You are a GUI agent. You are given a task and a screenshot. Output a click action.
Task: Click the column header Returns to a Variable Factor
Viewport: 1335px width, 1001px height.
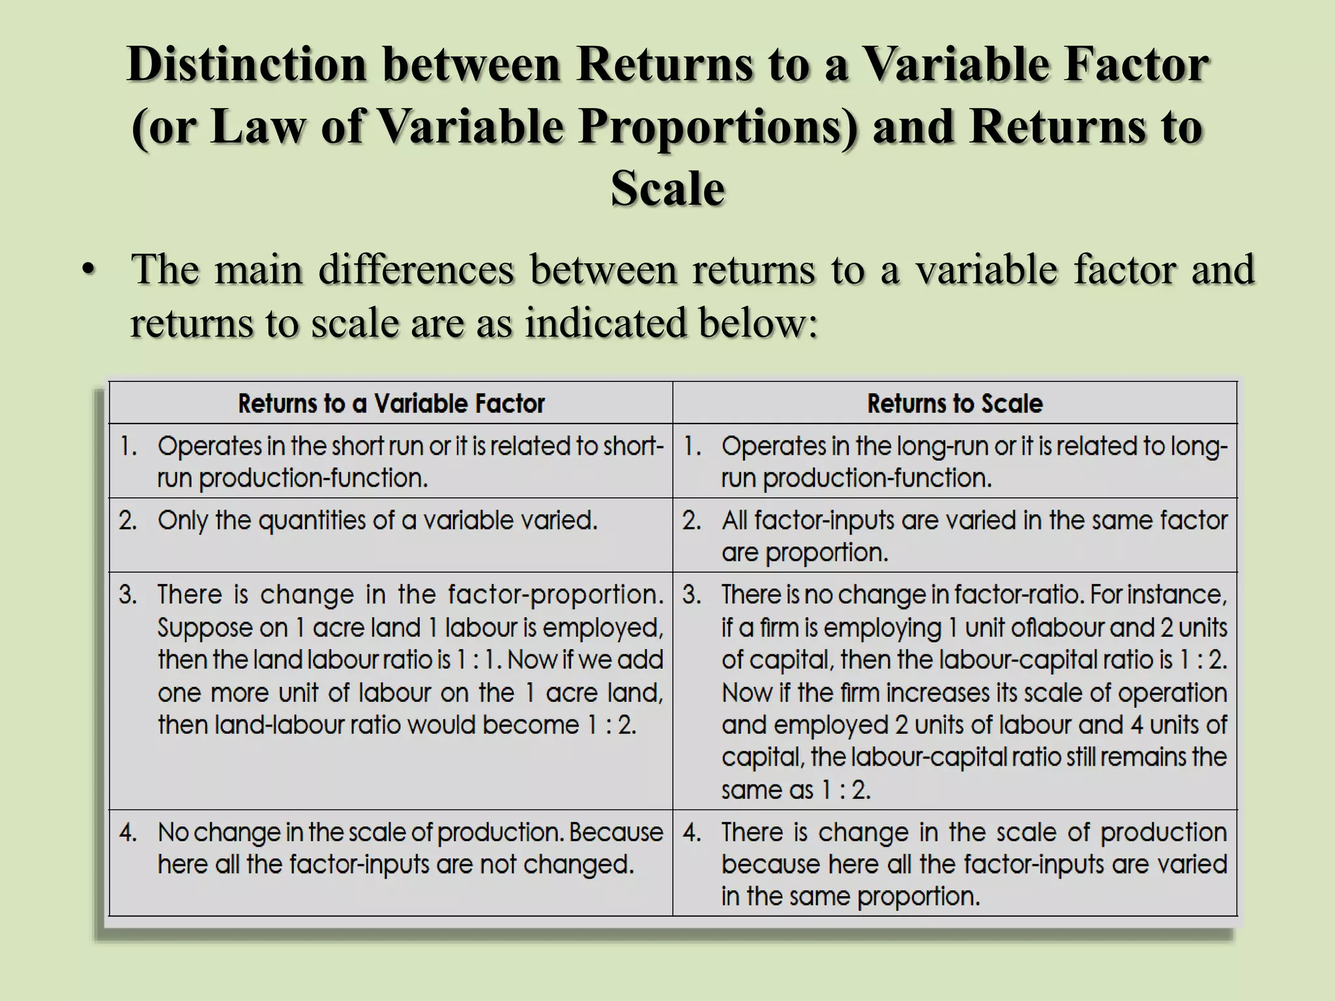click(x=391, y=404)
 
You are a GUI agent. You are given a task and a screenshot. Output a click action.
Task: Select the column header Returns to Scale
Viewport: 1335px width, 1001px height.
click(x=954, y=404)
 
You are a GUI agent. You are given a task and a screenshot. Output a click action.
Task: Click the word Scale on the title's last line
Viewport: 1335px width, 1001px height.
click(x=667, y=189)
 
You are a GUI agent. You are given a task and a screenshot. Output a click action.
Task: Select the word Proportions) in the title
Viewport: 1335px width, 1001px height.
click(x=718, y=126)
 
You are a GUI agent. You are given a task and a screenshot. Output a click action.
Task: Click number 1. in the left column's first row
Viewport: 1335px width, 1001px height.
click(x=128, y=446)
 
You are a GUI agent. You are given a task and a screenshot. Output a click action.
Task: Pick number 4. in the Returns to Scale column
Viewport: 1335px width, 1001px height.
click(x=692, y=833)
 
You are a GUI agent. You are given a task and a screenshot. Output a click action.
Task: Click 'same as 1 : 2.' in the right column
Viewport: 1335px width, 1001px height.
click(x=796, y=790)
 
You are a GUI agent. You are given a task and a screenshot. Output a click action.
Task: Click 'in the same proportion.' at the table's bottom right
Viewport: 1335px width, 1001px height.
click(x=850, y=897)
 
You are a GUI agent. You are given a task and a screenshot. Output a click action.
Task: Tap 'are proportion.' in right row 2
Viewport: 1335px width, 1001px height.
click(x=804, y=553)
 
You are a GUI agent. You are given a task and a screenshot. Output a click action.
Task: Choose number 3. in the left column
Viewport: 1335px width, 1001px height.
click(x=128, y=595)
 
